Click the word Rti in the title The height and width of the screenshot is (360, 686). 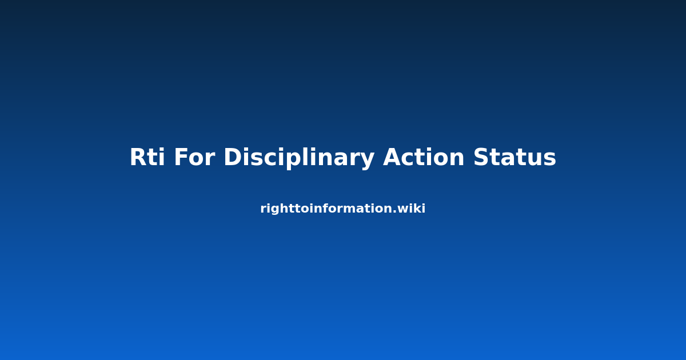(x=147, y=157)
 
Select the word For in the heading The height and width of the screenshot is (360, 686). (x=194, y=157)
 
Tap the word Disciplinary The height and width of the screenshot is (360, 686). (x=299, y=158)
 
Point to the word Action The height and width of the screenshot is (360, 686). (x=424, y=157)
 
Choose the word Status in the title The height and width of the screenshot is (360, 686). (x=514, y=157)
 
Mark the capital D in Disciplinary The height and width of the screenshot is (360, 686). (x=233, y=157)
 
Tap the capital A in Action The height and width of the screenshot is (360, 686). (x=393, y=157)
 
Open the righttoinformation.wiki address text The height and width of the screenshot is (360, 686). (x=342, y=209)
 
